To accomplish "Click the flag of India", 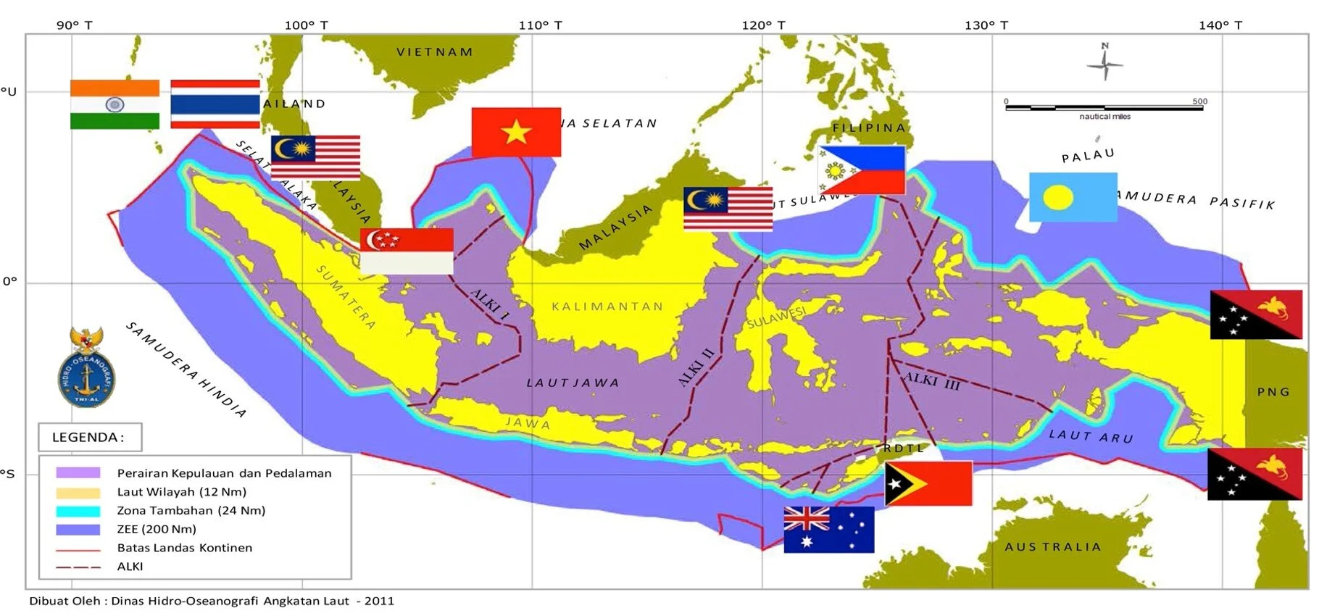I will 115,104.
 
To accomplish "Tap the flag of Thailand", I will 215,104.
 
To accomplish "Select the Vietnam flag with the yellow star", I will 516,132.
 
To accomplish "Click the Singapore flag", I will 407,251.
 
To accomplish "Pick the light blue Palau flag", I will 1073,197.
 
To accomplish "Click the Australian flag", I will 828,530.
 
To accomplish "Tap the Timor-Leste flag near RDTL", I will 928,483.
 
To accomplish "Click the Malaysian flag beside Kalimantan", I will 728,209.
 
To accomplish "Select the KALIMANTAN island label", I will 607,306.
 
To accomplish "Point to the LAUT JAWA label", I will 573,383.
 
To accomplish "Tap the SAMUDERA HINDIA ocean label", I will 186,370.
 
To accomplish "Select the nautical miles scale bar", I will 1104,108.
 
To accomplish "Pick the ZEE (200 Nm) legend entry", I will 157,529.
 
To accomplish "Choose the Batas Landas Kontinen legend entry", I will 184,548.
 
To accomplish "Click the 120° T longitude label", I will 763,25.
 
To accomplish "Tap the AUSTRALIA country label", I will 1052,547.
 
